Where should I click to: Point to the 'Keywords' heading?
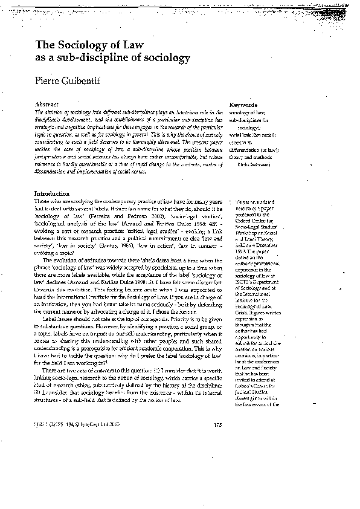(244, 105)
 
